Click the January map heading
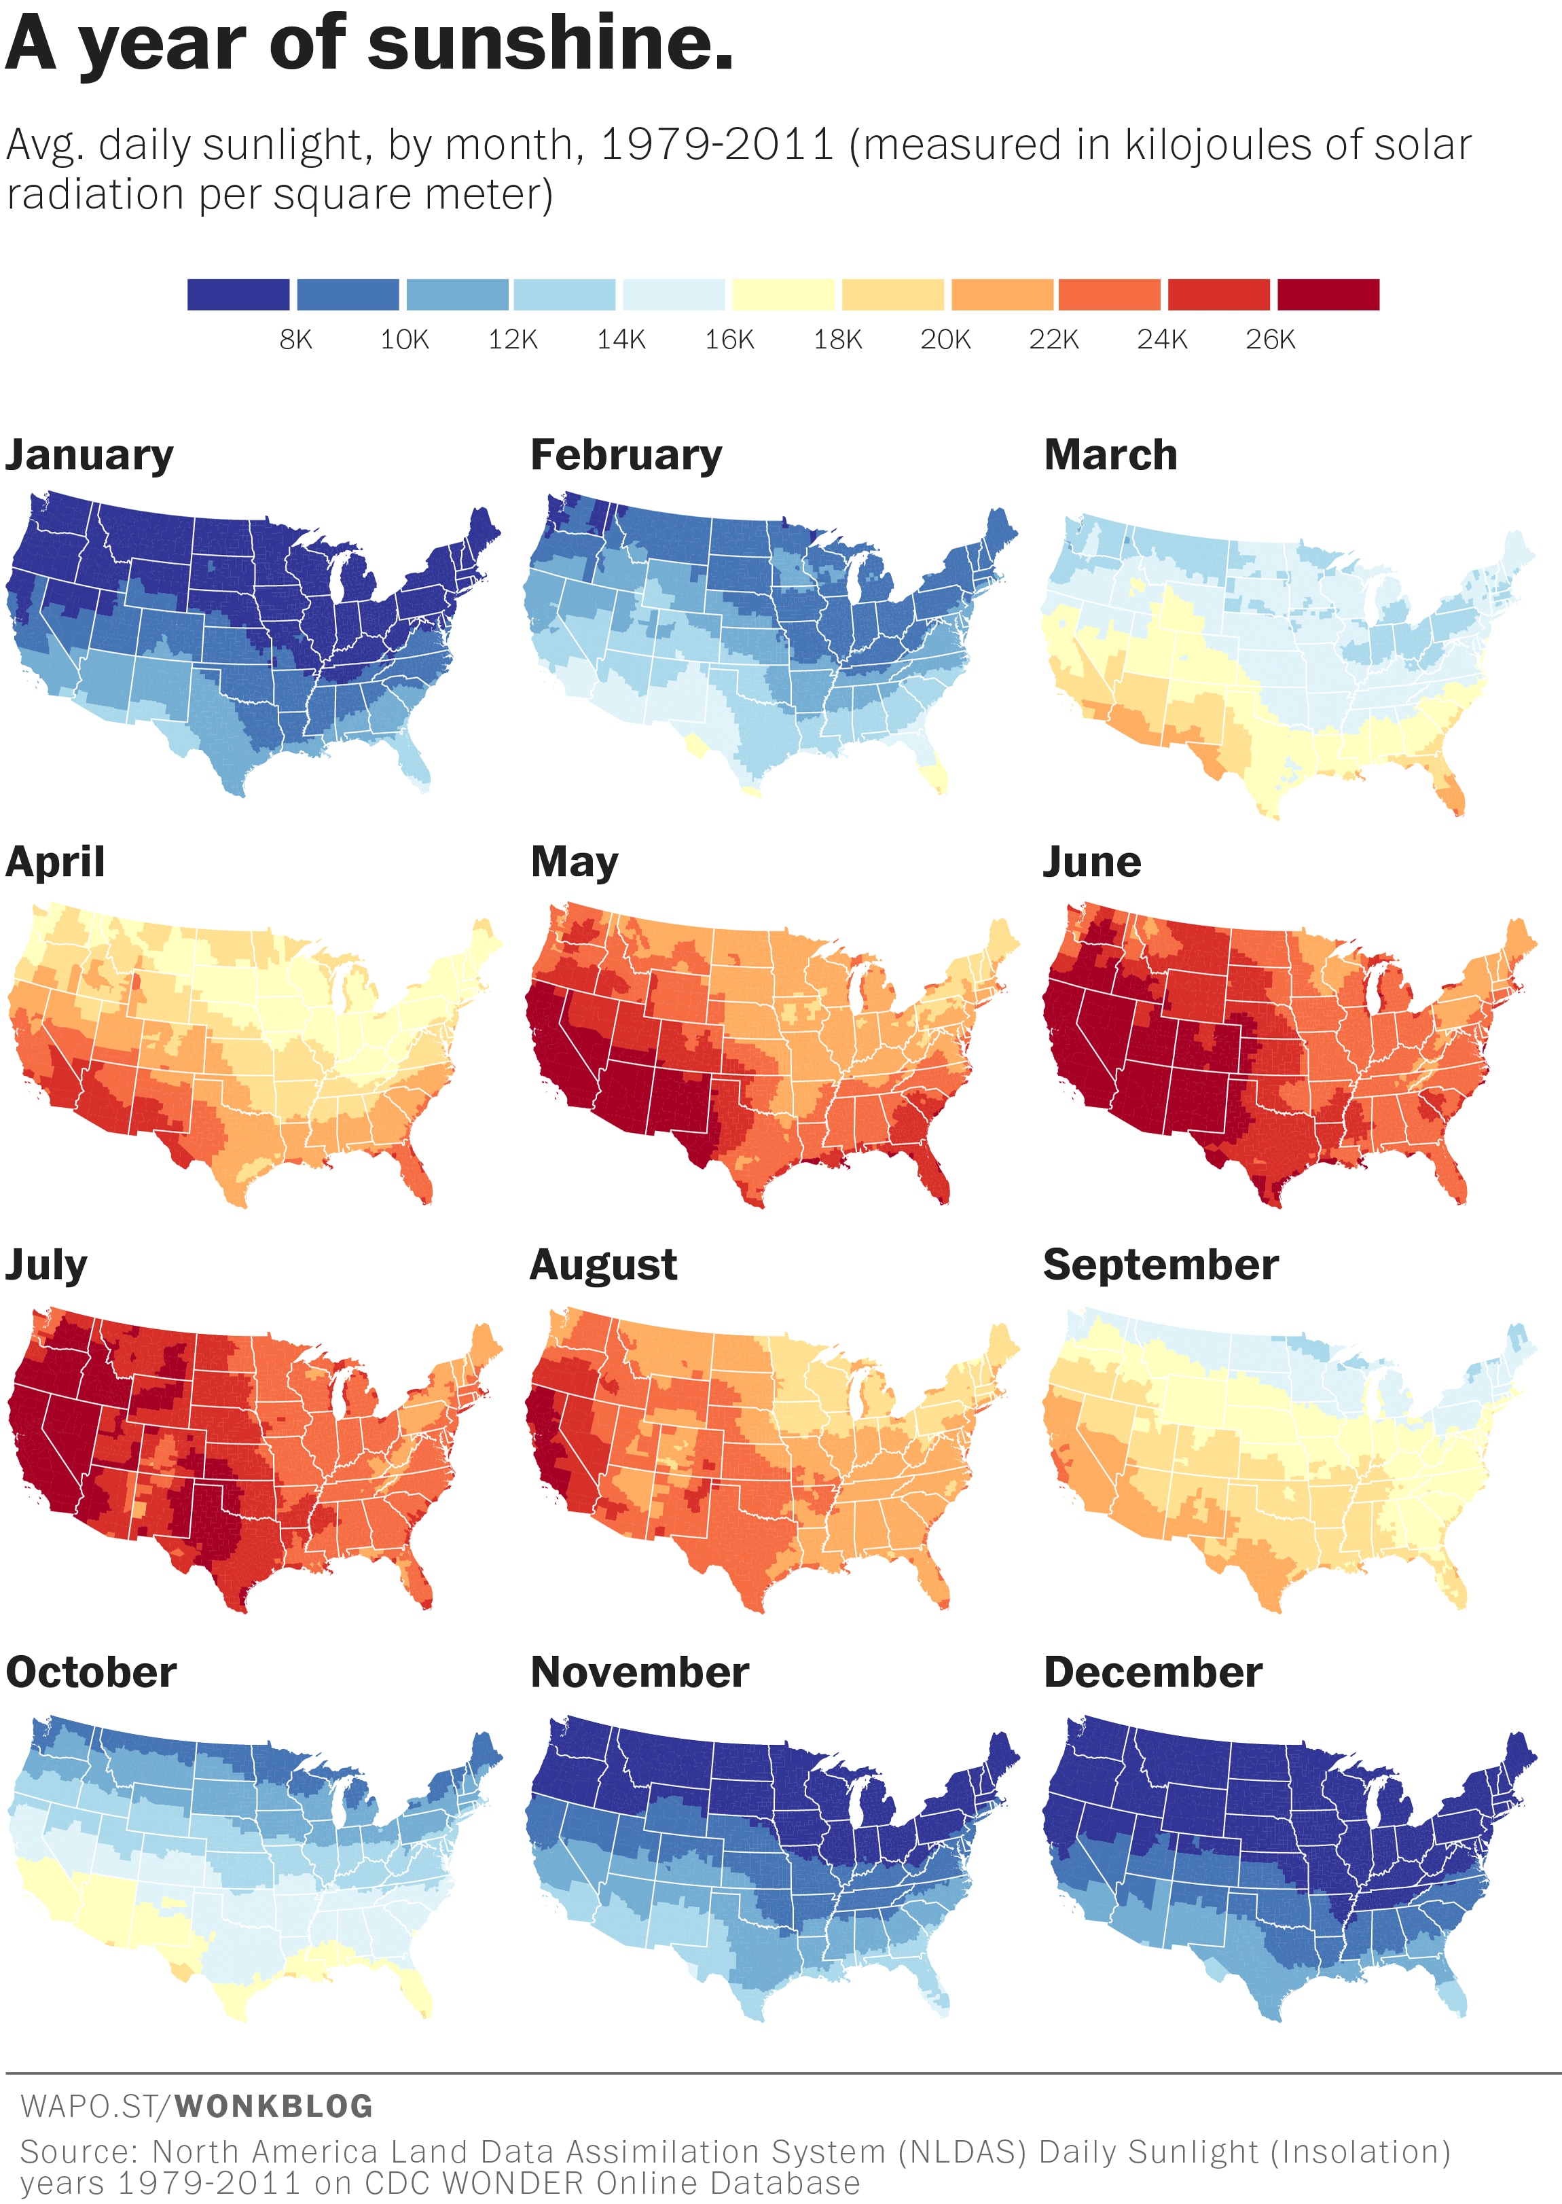90,455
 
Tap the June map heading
1091,862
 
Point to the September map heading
1160,1264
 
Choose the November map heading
640,1672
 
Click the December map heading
1152,1672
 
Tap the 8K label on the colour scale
295,340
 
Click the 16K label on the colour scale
729,340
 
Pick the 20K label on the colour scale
945,340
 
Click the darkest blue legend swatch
238,294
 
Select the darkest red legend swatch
1327,294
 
